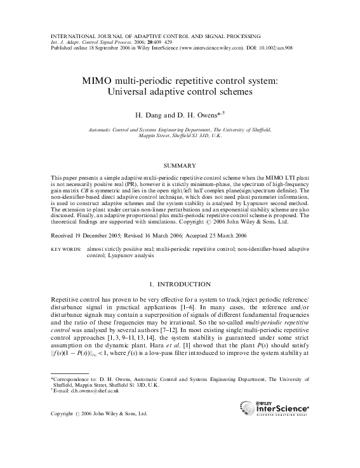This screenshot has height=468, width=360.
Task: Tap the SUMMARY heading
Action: [x=180, y=166]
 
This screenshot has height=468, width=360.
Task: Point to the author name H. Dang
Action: [x=148, y=116]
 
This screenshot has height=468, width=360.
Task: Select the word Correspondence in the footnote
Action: [x=74, y=380]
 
